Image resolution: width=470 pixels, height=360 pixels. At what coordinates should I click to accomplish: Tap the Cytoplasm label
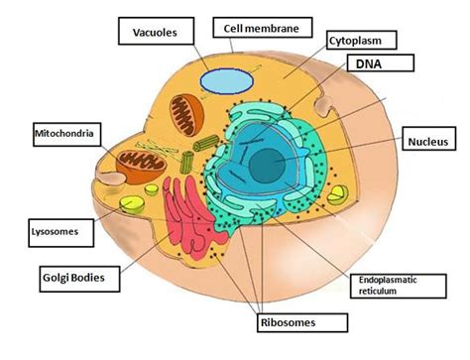click(362, 41)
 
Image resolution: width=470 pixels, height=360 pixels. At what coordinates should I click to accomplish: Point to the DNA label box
click(372, 65)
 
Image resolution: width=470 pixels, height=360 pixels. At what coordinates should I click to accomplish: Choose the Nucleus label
click(428, 143)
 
